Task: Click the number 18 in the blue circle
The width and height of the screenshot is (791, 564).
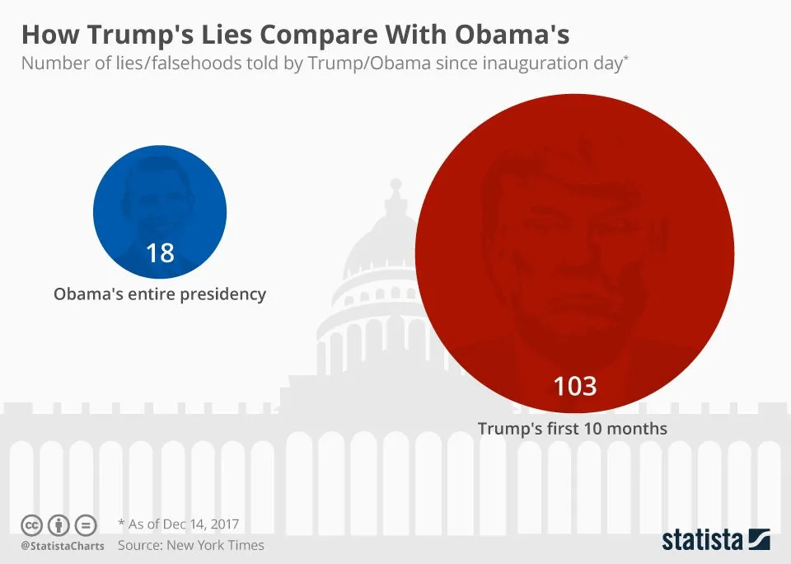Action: point(160,252)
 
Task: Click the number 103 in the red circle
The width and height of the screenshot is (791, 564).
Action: point(574,386)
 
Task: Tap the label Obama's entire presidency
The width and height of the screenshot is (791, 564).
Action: point(160,294)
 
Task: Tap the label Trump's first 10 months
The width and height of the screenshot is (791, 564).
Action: point(573,429)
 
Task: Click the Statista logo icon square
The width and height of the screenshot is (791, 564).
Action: point(759,540)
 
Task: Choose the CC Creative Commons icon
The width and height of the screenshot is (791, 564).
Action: point(32,524)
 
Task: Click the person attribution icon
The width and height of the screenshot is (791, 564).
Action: point(59,524)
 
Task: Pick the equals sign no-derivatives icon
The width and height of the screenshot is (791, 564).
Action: point(86,524)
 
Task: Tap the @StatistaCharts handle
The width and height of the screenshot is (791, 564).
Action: point(63,546)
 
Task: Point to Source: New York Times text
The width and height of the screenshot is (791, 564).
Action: point(191,545)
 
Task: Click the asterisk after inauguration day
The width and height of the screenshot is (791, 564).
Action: point(626,59)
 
